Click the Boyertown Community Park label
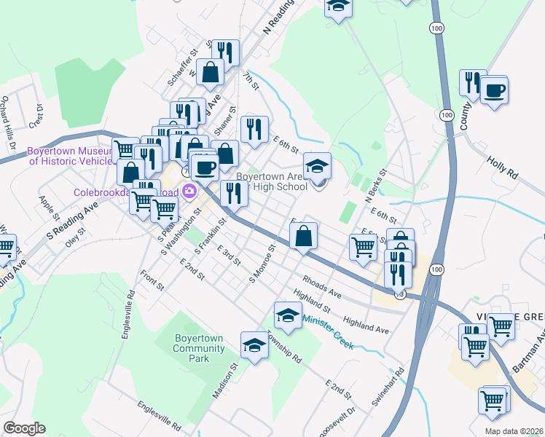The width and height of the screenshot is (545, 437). click(198, 347)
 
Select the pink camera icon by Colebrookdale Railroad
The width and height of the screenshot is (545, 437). click(190, 192)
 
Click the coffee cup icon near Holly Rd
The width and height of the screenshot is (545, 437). click(494, 90)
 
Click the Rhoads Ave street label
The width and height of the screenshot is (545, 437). click(322, 287)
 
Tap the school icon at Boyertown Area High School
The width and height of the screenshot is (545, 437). click(317, 167)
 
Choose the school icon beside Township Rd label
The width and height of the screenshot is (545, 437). click(254, 345)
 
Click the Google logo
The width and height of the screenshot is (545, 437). click(24, 428)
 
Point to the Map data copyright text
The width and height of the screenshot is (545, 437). click(514, 431)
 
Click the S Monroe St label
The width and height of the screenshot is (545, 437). click(262, 264)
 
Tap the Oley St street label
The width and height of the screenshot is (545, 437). click(75, 237)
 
